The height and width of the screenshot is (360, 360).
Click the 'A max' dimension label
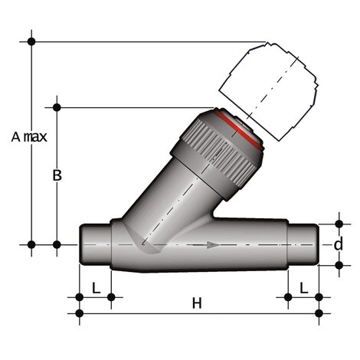click(30, 137)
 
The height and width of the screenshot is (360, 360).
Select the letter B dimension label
click(56, 175)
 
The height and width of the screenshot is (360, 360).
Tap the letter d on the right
click(338, 244)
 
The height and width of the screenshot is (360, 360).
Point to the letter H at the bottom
click(196, 303)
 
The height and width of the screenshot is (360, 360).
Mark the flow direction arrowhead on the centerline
click(213, 244)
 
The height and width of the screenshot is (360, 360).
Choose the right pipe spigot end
click(302, 244)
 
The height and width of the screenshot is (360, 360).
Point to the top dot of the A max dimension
click(31, 41)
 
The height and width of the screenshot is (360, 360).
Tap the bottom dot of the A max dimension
click(31, 244)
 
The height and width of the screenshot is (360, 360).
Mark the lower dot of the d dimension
click(338, 265)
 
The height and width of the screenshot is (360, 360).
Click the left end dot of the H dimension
click(80, 312)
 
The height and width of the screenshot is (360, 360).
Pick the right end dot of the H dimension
click(319, 312)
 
